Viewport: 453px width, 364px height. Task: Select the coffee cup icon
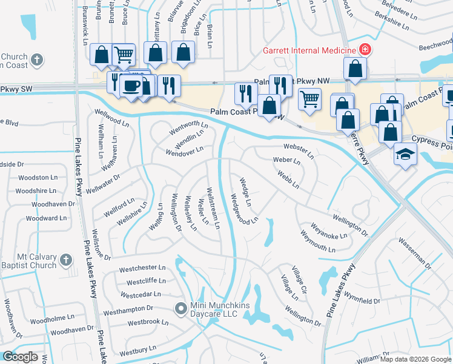point(130,86)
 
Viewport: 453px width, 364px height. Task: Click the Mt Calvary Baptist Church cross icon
point(67,261)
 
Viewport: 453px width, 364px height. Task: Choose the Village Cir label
point(299,280)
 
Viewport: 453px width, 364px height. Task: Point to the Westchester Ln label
point(142,268)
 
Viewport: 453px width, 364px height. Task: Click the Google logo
point(20,357)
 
